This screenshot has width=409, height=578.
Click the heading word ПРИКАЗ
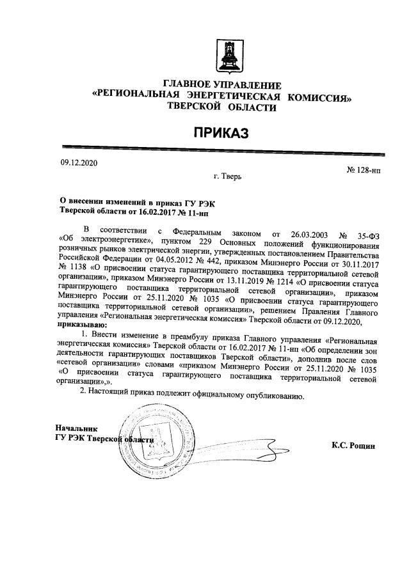click(x=221, y=133)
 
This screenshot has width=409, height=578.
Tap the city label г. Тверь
click(x=228, y=175)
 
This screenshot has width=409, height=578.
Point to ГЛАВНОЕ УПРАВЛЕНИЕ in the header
click(x=222, y=85)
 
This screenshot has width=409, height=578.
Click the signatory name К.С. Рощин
click(x=353, y=445)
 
